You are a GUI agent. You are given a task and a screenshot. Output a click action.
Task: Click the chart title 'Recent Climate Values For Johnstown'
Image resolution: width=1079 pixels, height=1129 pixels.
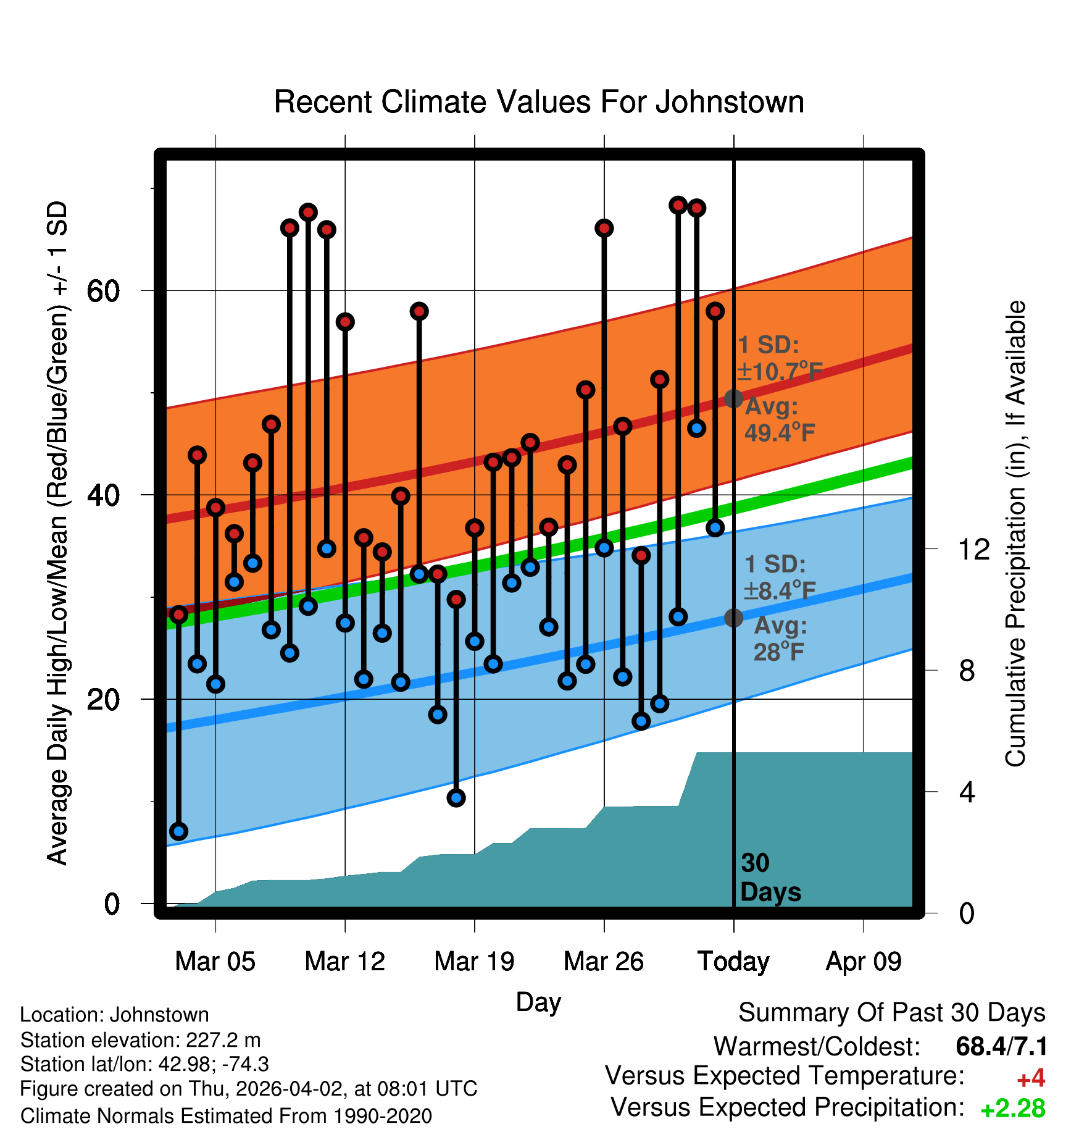(x=539, y=102)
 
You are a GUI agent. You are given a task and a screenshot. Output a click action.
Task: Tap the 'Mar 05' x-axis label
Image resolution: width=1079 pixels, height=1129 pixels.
(x=215, y=962)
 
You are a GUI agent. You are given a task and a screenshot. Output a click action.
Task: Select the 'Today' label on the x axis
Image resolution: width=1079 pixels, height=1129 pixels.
(x=733, y=962)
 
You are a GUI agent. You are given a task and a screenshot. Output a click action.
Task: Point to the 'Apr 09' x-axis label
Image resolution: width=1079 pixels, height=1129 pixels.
(x=864, y=962)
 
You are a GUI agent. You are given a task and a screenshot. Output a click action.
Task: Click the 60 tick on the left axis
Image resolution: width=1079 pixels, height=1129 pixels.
(x=103, y=290)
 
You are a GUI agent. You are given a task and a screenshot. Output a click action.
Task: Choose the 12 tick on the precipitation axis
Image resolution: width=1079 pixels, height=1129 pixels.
(x=974, y=549)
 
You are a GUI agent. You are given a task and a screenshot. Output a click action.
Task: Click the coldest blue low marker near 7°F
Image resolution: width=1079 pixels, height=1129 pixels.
(x=178, y=831)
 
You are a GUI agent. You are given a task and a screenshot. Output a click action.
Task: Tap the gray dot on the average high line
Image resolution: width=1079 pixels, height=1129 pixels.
(x=733, y=398)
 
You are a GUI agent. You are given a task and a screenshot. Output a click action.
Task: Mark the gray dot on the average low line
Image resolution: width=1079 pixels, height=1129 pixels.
(x=733, y=618)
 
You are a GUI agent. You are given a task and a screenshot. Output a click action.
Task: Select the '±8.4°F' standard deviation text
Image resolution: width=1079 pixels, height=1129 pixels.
(x=780, y=591)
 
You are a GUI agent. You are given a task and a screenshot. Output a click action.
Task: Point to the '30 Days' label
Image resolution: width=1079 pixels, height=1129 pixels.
(x=770, y=878)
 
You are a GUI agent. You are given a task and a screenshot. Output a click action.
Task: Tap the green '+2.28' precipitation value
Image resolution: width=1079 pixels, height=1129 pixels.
(x=1013, y=1109)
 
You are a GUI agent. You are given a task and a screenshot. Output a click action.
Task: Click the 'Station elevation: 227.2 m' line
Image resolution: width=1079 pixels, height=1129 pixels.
(x=140, y=1040)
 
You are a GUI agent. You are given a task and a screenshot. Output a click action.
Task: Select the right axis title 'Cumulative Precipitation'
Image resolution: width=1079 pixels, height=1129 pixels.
(x=1015, y=534)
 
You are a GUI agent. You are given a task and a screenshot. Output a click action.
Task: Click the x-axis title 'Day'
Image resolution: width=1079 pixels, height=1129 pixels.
(x=538, y=1002)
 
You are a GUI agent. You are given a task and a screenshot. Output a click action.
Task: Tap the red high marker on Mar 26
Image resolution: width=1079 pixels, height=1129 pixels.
(x=604, y=229)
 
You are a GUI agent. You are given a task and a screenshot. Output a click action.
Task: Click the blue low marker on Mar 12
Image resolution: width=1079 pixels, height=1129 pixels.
(x=345, y=623)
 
